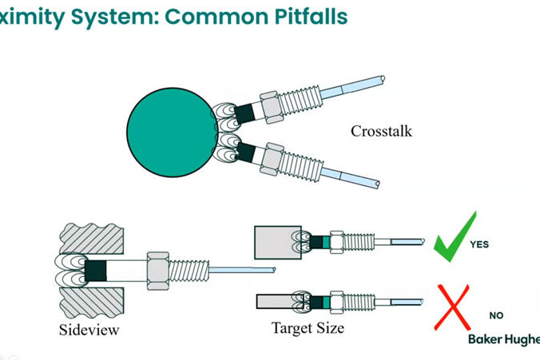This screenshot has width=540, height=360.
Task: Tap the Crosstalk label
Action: (x=381, y=130)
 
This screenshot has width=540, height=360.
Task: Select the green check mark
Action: (x=453, y=237)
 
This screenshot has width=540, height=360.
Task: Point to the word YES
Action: (x=480, y=244)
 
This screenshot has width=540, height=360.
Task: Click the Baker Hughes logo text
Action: (x=503, y=340)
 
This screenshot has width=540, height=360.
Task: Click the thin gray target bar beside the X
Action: (x=276, y=302)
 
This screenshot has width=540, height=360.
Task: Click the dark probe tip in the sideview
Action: (x=95, y=269)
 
